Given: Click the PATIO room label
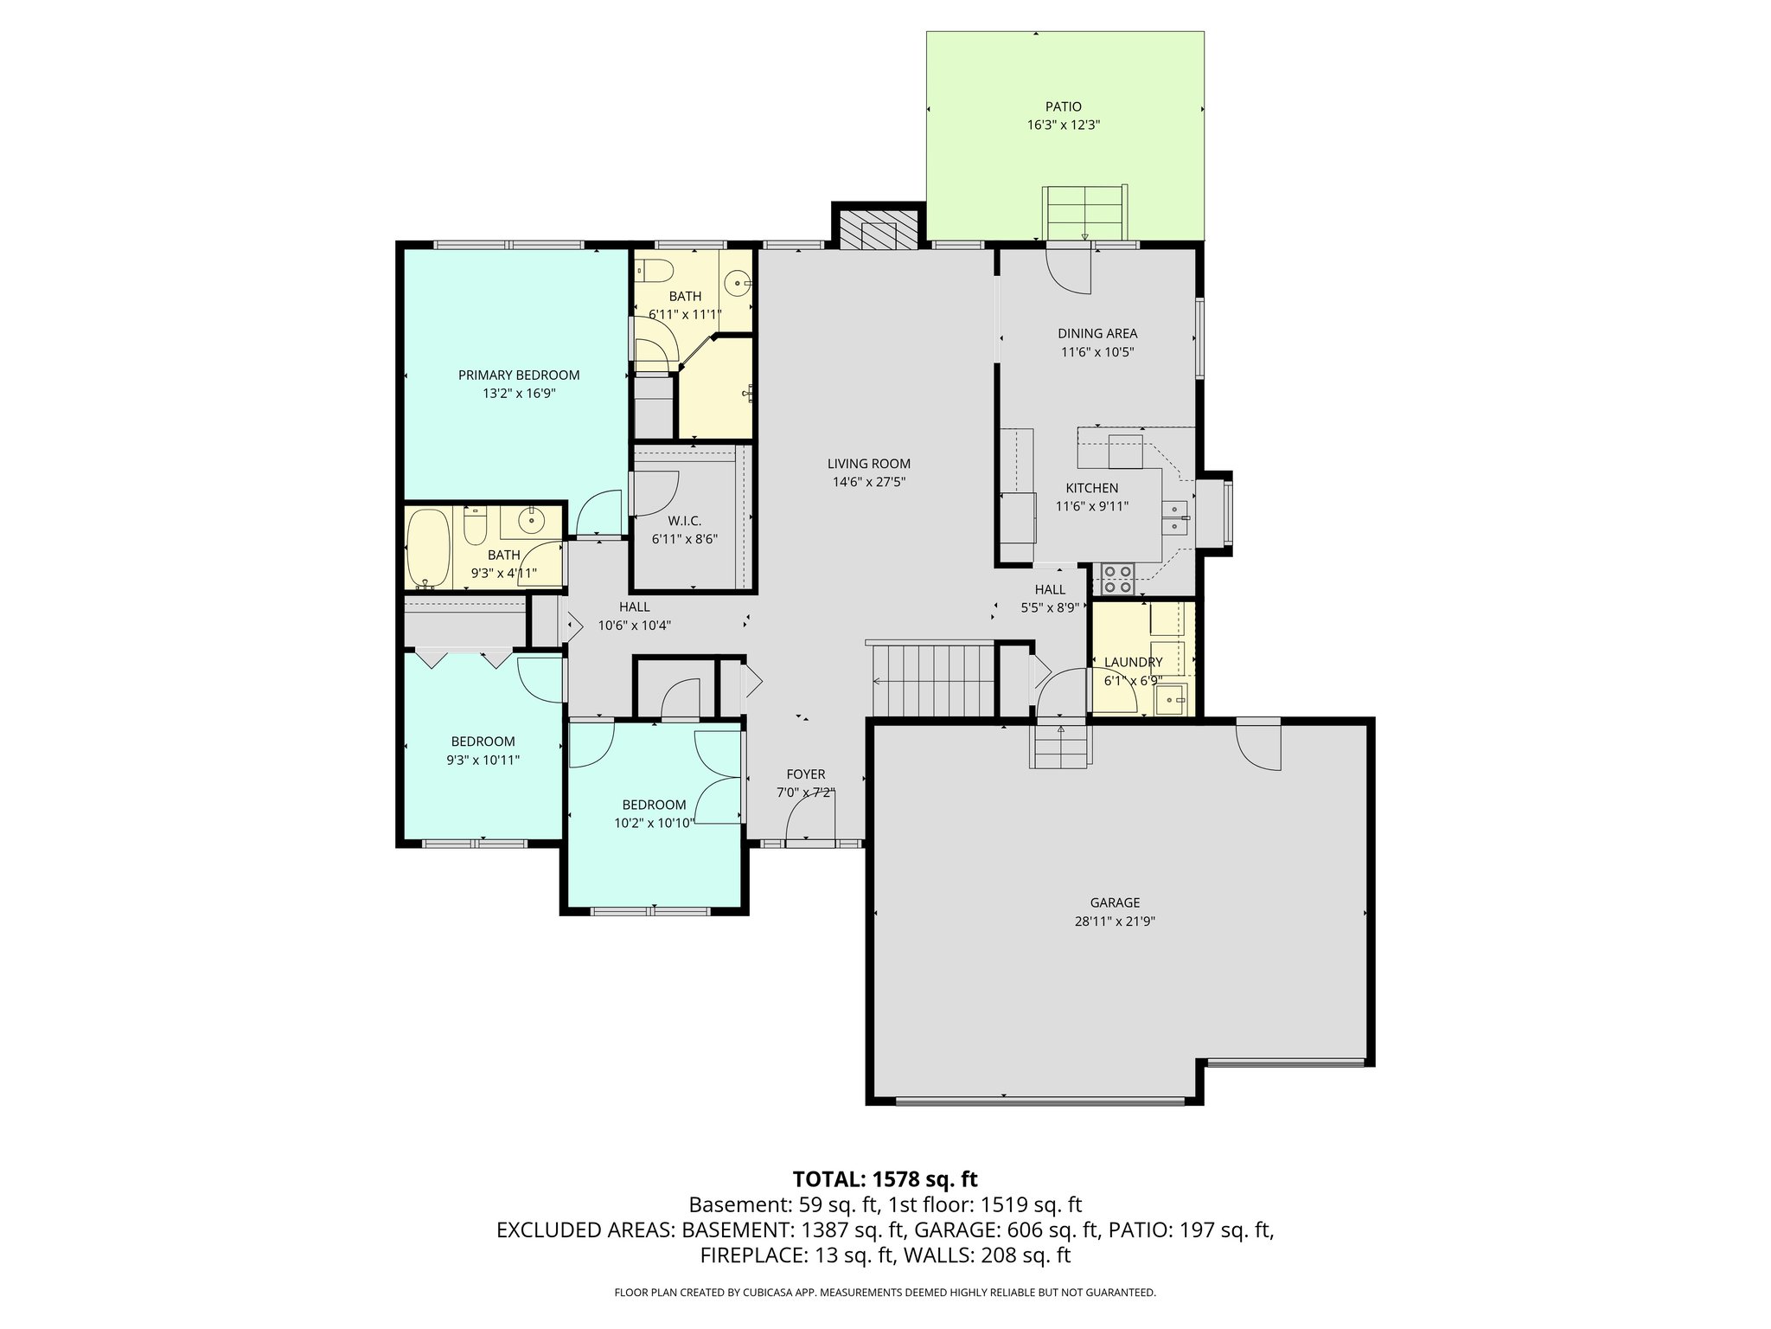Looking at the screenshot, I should pos(1063,106).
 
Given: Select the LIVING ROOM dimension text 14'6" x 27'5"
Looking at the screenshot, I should pos(868,482).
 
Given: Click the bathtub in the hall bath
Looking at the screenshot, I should pos(428,548).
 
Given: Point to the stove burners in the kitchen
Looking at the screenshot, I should pos(1117,579).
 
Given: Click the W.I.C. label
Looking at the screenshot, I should pos(684,520).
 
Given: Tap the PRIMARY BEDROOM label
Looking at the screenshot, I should pos(518,375).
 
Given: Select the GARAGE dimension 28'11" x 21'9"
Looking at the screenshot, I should pos(1115,921).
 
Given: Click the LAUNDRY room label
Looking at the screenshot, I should pos(1133,662).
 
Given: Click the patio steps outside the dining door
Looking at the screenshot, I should pos(1084,213).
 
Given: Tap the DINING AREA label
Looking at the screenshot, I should pos(1097,333).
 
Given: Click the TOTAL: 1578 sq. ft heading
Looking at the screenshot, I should pos(885,1178).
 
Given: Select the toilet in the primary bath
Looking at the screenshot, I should pos(655,272).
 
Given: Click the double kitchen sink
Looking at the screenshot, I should pos(1177,517).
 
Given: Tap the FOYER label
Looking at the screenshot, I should pos(805,774).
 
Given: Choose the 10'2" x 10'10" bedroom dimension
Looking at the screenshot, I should pos(654,823).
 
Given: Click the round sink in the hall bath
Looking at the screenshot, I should pos(529,521).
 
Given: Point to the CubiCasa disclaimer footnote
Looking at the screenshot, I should pos(885,1293).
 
